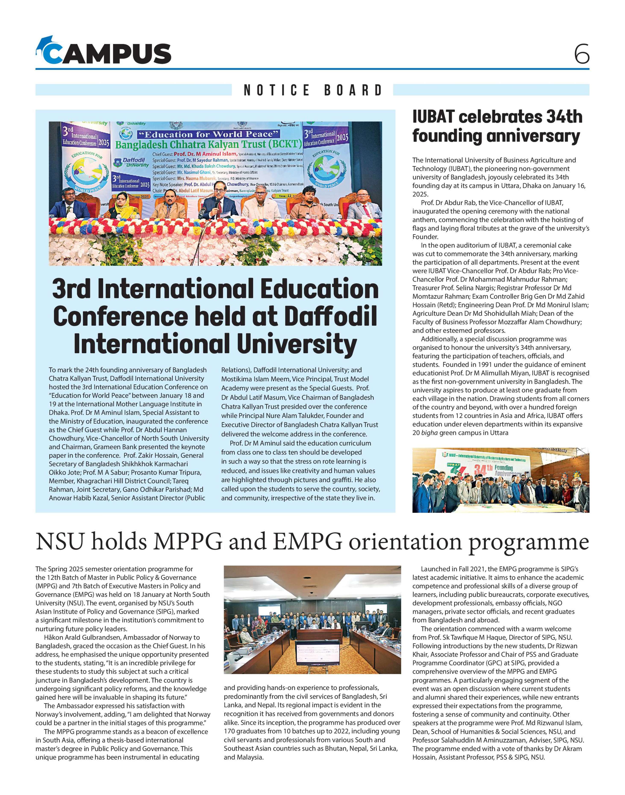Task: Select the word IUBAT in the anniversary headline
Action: [x=433, y=117]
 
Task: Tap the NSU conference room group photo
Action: [x=312, y=619]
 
